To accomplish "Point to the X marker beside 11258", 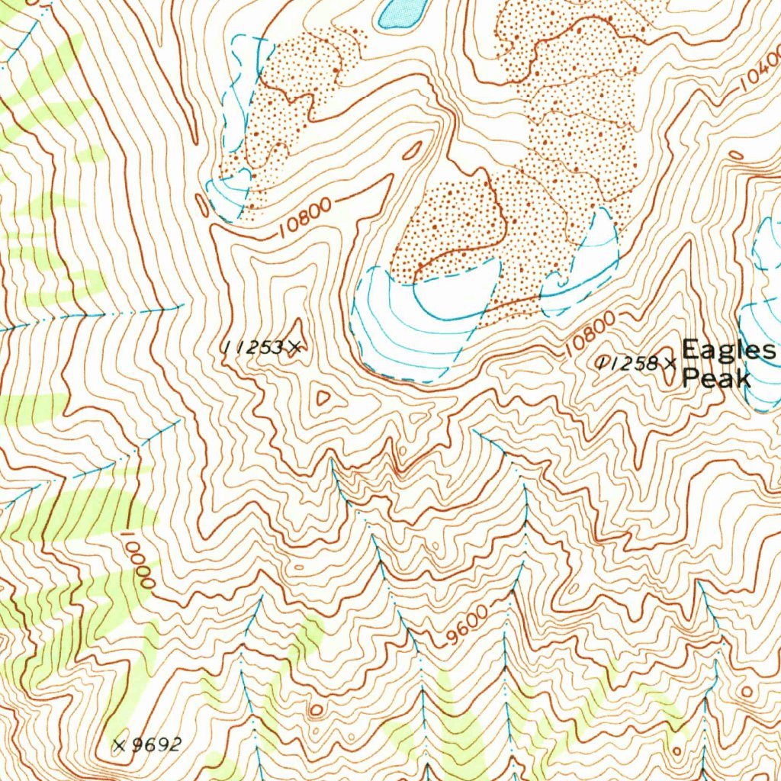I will [x=670, y=363].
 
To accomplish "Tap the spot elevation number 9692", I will [x=156, y=745].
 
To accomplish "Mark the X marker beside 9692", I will [x=119, y=745].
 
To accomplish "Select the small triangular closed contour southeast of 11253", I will [x=323, y=397].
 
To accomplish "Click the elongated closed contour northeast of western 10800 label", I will [x=413, y=150].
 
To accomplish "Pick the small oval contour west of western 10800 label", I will [x=201, y=204].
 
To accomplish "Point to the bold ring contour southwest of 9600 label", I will [x=315, y=711].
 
